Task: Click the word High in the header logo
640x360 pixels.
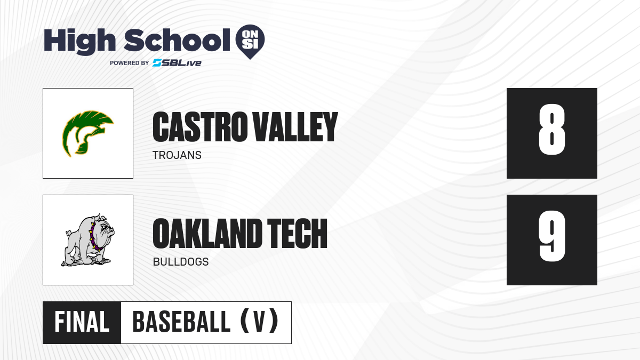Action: pos(79,42)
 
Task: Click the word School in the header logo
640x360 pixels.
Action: pos(177,40)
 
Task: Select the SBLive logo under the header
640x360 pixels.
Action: pos(177,63)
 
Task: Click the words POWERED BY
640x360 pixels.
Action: pos(129,63)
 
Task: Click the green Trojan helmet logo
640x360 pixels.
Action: pos(88,134)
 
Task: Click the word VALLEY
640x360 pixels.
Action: pos(295,126)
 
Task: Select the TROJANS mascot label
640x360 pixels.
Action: pos(177,155)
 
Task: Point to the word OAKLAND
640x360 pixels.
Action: pos(207,234)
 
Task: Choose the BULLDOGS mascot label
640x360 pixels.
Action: pos(181,262)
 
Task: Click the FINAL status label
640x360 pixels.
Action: pos(82,322)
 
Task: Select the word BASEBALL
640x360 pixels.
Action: pos(181,322)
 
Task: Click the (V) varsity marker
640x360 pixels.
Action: pos(259,321)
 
